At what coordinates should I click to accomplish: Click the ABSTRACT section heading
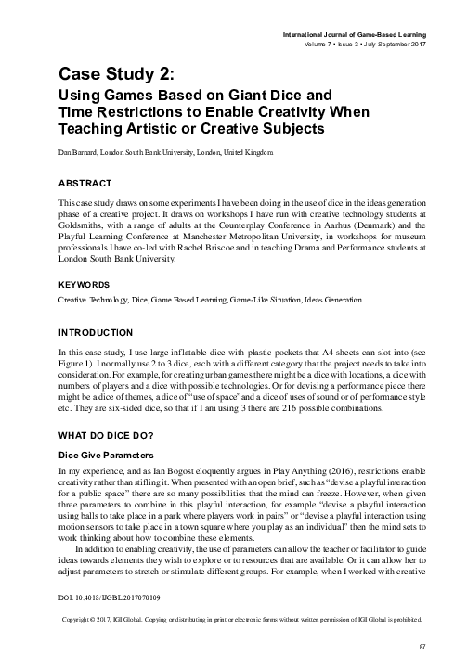point(85,183)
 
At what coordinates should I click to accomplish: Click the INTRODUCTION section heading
point(96,332)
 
